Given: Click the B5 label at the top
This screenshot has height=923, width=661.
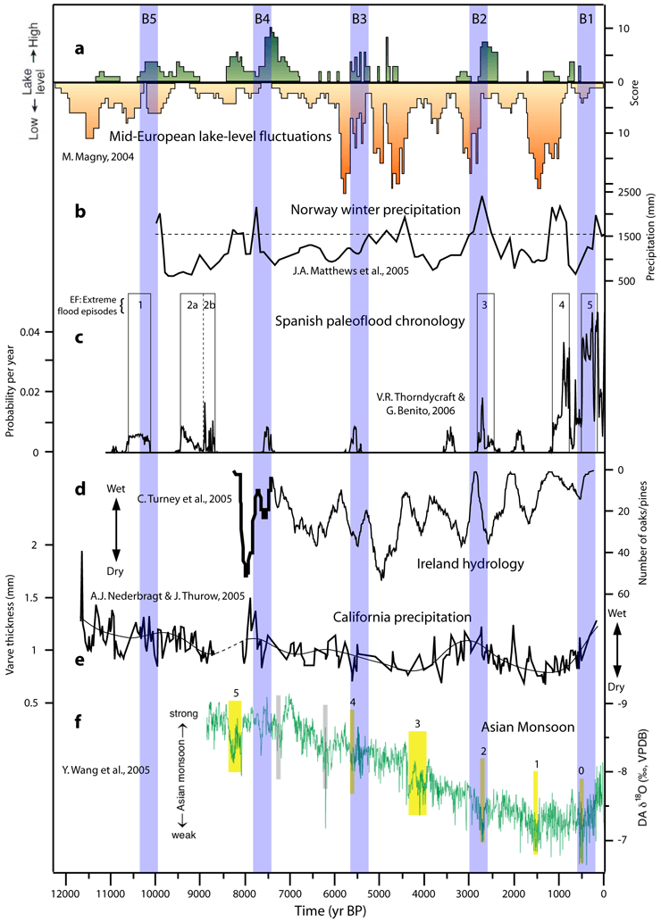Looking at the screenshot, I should pyautogui.click(x=149, y=18).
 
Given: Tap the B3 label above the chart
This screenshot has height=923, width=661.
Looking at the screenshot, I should pyautogui.click(x=359, y=18).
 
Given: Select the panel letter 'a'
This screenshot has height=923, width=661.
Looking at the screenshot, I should pyautogui.click(x=79, y=50).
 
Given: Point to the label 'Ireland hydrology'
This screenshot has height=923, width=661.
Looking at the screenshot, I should pyautogui.click(x=471, y=565).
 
